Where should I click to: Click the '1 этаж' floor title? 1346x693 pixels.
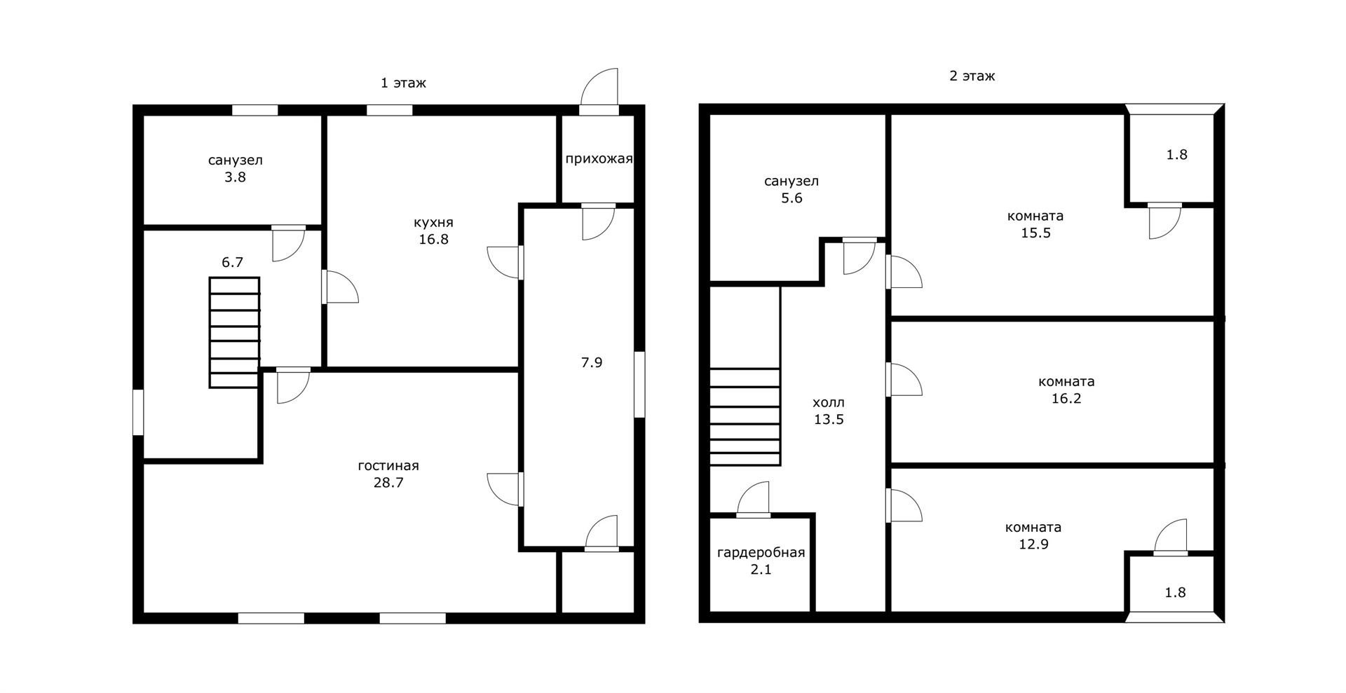click(403, 83)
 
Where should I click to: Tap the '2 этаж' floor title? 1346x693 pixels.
click(972, 76)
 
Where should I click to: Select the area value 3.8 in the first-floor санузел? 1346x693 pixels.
click(236, 177)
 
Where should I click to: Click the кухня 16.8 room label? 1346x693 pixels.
click(433, 231)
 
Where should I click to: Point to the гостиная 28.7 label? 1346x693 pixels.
click(388, 474)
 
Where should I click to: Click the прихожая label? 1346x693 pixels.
click(599, 158)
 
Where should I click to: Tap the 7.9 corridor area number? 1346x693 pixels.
click(592, 363)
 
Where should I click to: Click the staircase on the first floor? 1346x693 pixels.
click(234, 332)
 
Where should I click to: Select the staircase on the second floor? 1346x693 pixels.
click(745, 417)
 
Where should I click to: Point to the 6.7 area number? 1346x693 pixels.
click(232, 263)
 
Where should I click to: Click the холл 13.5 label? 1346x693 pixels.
click(829, 411)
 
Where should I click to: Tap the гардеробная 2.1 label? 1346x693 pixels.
click(761, 561)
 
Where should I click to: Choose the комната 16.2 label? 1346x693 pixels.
click(1066, 390)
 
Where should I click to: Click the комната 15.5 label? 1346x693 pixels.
click(1035, 224)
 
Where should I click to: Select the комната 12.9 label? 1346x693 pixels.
click(1033, 535)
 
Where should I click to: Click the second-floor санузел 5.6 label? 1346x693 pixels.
click(791, 189)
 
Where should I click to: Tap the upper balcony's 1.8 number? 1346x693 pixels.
click(1177, 155)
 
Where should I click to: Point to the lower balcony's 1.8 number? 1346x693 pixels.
click(1176, 593)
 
